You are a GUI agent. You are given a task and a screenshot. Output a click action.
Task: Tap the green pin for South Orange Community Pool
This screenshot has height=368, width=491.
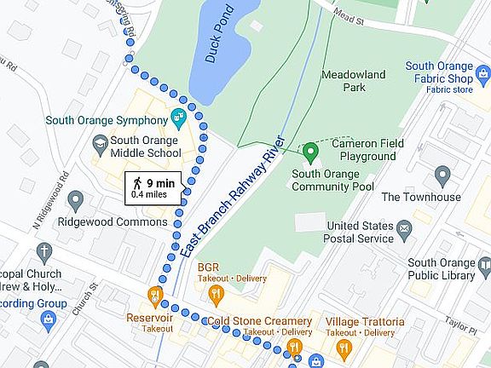[311, 152]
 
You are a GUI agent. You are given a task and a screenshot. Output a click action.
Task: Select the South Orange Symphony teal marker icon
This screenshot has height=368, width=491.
[180, 116]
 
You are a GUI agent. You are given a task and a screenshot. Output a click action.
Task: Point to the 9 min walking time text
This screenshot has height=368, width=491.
[160, 182]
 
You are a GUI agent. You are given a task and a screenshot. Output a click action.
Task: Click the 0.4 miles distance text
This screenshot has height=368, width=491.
[149, 195]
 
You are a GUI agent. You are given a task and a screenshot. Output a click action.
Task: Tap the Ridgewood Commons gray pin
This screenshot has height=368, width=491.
[76, 201]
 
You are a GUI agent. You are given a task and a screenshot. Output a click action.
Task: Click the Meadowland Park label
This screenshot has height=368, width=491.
[355, 81]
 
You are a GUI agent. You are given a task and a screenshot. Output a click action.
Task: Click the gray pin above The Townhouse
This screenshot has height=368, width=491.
[442, 176]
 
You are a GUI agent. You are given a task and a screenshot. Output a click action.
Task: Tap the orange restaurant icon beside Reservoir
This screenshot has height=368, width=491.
[155, 295]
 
